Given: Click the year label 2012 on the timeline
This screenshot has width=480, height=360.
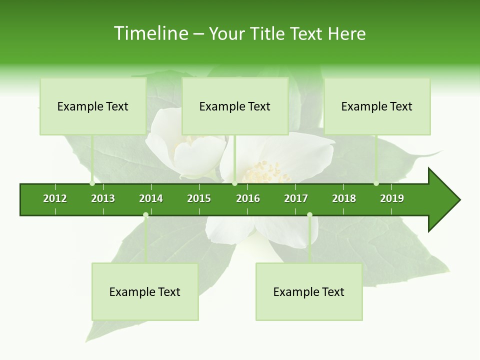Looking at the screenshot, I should (55, 198).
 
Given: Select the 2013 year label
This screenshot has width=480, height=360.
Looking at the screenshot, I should (103, 198).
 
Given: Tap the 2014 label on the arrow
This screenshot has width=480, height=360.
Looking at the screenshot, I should (151, 198).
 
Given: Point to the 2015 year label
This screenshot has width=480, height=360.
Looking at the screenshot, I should (199, 198).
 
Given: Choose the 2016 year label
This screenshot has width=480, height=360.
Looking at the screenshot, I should (248, 198).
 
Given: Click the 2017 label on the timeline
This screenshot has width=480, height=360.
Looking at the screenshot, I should (296, 198).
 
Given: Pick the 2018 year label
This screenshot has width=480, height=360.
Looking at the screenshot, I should (344, 198).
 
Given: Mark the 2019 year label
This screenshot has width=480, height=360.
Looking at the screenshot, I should (392, 198).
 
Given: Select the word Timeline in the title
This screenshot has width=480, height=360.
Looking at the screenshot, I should (150, 33).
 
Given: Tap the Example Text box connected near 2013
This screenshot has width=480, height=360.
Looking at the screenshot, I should (93, 106).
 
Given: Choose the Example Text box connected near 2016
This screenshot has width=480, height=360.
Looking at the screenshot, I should (235, 106).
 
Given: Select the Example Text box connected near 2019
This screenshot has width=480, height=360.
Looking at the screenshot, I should (377, 106).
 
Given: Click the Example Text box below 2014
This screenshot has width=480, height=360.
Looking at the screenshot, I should (145, 291).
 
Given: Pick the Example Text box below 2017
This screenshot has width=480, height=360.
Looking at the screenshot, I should (309, 291).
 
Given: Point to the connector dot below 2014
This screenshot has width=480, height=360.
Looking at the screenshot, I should (145, 215).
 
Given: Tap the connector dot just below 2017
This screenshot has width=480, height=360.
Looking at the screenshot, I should (309, 215).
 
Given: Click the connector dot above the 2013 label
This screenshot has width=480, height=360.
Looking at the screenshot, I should (92, 183).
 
